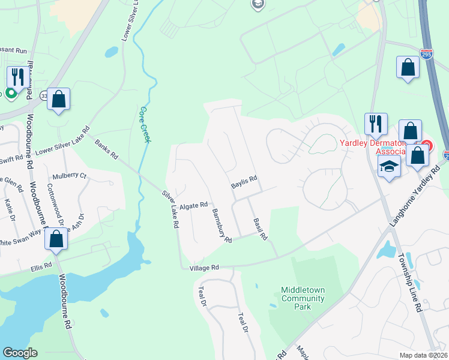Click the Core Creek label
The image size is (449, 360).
[x=144, y=124]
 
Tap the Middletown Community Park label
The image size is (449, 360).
[x=303, y=298]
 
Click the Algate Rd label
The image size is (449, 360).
[x=193, y=205]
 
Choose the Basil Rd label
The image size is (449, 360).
[x=259, y=229]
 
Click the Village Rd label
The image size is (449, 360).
[x=204, y=268]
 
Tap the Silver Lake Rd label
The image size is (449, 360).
[x=171, y=209]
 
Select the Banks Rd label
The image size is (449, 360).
[x=106, y=150]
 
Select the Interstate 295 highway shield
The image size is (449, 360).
[x=427, y=53]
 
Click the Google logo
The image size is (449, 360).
[x=20, y=353]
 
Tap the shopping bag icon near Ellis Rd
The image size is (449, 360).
[x=56, y=238]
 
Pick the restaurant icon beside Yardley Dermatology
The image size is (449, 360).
[x=376, y=124]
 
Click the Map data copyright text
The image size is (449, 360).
[x=424, y=355]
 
